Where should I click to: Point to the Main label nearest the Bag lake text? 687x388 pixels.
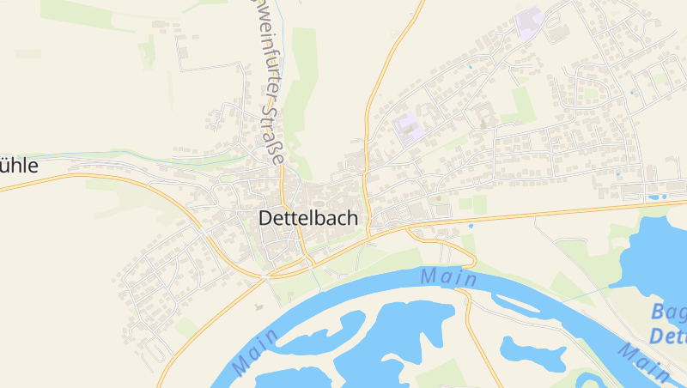643,361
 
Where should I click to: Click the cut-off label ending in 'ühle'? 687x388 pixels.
19,166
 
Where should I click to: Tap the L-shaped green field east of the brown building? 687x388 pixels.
519,106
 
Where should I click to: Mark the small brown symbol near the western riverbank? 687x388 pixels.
258,306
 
